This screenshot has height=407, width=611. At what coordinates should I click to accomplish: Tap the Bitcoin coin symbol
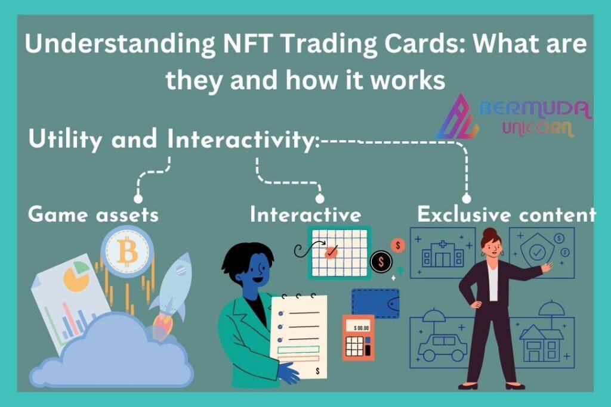pos(128,251)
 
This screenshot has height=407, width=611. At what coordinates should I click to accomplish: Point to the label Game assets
pos(94,215)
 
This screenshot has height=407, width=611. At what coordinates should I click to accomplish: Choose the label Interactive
pos(305,215)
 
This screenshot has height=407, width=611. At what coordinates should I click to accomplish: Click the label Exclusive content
pos(507,215)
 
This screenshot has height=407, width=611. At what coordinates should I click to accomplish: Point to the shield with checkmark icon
pos(538,250)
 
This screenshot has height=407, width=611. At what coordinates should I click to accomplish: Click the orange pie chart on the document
pos(76,277)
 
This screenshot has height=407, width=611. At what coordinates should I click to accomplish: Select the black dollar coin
pos(381,262)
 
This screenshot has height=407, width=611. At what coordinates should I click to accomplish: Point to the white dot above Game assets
pos(138,199)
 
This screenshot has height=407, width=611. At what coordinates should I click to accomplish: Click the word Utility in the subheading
pos(65,139)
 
